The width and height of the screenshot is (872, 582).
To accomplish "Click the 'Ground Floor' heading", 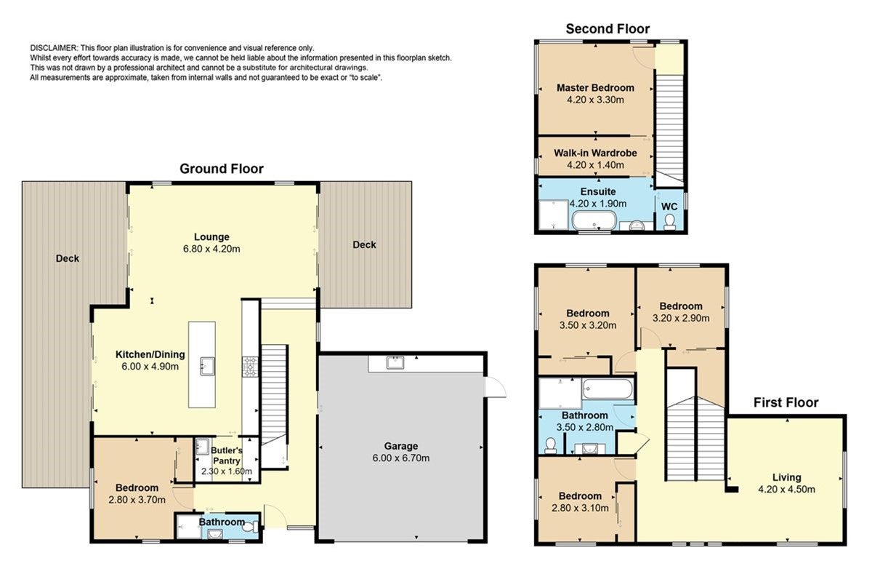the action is [x=222, y=169].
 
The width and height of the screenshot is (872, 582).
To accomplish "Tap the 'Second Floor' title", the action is [x=607, y=29].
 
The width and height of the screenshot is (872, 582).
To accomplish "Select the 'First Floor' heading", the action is [x=786, y=402].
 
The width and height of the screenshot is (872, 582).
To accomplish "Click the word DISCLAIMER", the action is [x=54, y=48].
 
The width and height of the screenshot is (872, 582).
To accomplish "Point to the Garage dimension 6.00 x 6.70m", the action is [x=401, y=458].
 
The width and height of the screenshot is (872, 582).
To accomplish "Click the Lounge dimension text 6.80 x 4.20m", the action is [x=211, y=249].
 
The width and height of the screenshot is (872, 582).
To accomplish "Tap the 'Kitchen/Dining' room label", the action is [x=150, y=354].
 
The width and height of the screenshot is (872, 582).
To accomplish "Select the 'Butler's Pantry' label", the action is [x=227, y=455].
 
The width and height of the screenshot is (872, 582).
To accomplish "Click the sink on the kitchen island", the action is [x=207, y=366].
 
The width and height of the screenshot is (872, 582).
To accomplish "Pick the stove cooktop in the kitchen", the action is [x=249, y=367].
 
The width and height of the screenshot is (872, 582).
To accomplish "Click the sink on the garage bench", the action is [x=395, y=362].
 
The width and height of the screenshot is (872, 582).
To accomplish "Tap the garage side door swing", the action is [x=496, y=388].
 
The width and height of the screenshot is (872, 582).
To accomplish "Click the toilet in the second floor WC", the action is [x=669, y=221].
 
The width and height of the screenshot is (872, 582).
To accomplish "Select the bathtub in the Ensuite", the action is [x=594, y=220].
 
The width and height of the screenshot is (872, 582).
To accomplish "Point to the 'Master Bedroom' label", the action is [x=595, y=88].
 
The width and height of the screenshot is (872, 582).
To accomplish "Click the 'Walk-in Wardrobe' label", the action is [x=595, y=154].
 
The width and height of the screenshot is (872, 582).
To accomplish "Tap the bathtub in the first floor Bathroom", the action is [x=607, y=389].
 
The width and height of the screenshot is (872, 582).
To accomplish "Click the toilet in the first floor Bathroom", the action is [x=551, y=445].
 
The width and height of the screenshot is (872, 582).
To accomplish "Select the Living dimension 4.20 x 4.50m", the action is [x=786, y=489].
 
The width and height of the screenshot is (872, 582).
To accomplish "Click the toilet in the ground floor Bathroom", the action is [x=250, y=527].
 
